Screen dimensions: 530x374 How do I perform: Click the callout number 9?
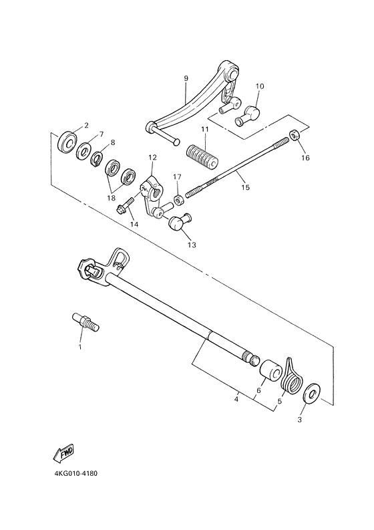click(187, 78)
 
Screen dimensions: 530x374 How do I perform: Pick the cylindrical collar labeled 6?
click(270, 371)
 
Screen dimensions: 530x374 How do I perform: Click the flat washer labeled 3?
click(312, 394)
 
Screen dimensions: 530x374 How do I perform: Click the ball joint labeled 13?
click(178, 223)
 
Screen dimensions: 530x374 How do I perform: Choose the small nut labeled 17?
click(178, 200)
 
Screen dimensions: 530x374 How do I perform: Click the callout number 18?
click(112, 198)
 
